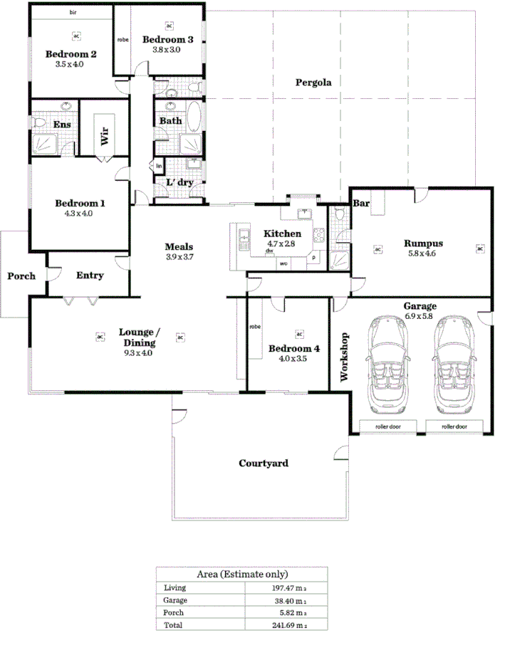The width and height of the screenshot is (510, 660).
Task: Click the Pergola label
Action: (313, 82)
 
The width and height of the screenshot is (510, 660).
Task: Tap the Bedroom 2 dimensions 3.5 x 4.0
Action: (69, 64)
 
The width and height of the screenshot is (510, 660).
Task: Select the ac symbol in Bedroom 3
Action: (169, 26)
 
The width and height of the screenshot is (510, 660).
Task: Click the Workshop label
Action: (345, 358)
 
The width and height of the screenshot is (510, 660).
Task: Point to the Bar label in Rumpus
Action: (361, 204)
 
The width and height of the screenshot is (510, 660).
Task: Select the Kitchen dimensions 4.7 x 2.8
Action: (282, 243)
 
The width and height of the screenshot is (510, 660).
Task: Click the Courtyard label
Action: (263, 463)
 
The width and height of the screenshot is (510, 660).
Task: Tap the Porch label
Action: (21, 276)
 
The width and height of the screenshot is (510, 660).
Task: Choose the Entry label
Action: (90, 276)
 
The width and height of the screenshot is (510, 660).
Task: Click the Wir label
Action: (104, 136)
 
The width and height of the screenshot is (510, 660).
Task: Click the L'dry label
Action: (179, 182)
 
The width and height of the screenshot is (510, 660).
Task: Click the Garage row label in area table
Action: (175, 600)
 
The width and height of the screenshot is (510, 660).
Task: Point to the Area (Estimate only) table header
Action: (242, 574)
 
